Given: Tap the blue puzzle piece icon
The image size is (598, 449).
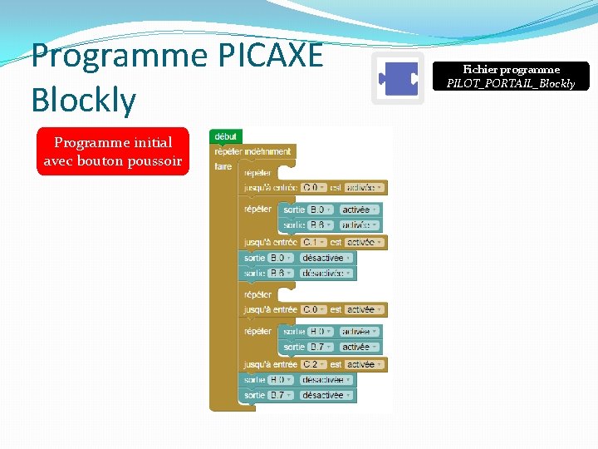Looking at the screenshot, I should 398,79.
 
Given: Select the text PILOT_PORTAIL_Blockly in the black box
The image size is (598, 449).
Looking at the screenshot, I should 511,83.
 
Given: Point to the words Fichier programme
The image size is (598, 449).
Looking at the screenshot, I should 511,70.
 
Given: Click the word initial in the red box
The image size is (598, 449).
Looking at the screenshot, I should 149,142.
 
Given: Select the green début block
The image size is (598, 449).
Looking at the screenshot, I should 225,136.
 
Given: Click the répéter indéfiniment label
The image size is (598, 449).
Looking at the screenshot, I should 252,151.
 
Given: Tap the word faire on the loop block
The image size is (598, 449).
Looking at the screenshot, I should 223,166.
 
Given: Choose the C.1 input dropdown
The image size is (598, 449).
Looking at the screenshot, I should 314,242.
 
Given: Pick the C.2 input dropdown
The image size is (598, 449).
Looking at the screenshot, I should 314,364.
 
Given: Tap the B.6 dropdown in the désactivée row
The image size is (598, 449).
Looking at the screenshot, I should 280,273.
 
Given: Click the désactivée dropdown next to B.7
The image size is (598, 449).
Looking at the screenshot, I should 326,395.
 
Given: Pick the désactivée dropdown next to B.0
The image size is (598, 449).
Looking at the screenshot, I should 326,258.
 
